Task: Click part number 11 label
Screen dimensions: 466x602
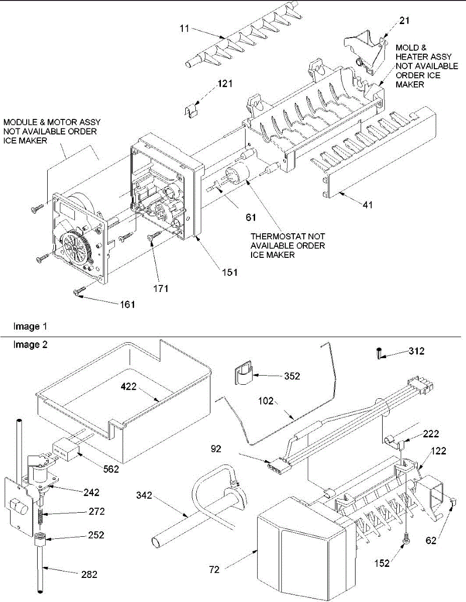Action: (x=184, y=28)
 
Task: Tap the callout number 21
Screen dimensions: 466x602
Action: (x=404, y=21)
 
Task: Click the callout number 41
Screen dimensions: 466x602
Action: (x=368, y=205)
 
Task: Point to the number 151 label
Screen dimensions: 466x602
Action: (x=230, y=272)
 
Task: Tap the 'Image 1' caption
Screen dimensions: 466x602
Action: (x=30, y=327)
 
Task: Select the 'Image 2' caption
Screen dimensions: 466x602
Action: (x=30, y=345)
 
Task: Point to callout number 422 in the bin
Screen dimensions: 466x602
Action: (x=129, y=386)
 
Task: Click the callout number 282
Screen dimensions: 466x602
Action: (x=89, y=574)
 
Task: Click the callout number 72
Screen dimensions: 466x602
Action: (x=214, y=569)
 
